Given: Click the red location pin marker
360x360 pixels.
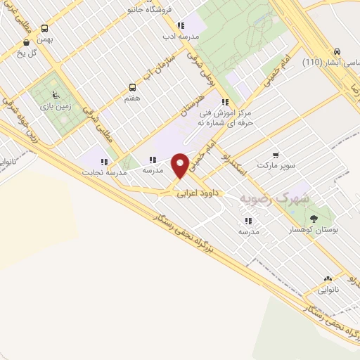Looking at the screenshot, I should (180, 164).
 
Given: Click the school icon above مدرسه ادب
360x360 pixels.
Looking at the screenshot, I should (181, 25).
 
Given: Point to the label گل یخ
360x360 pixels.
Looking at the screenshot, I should (27, 53).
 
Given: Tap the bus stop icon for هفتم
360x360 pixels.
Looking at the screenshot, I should (132, 88).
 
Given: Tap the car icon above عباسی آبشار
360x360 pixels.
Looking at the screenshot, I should (337, 51).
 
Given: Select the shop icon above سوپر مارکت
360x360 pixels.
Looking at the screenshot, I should (276, 155).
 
